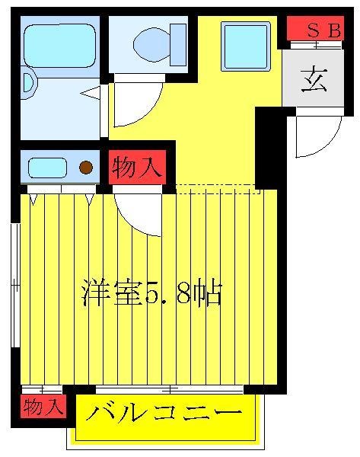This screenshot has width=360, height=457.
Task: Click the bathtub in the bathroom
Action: click(58, 45)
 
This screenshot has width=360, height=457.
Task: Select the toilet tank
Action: click(178, 44)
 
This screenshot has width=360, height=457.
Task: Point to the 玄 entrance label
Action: click(314, 79)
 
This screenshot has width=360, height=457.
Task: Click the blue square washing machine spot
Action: click(245, 46)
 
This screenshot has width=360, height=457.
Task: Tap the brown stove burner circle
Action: click(87, 167)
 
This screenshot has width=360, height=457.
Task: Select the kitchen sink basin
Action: click(49, 167)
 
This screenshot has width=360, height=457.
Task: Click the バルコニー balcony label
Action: click(164, 414)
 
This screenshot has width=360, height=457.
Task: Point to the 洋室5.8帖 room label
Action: click(151, 293)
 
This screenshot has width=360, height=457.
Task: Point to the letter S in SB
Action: click(312, 30)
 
